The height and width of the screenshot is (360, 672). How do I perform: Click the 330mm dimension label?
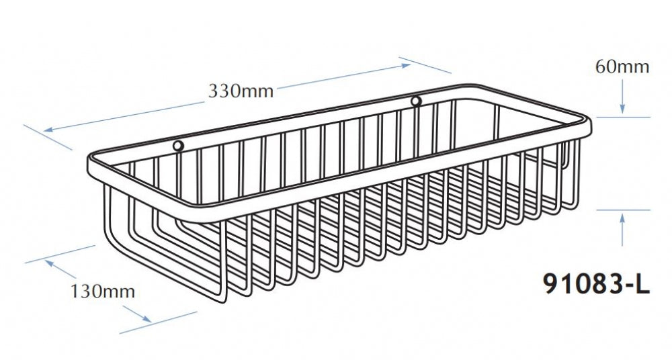(x=241, y=91)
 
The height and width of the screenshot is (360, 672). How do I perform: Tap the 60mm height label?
(x=622, y=67)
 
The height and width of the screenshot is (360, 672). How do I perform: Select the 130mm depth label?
(x=102, y=291)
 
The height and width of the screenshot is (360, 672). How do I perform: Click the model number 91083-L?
(x=597, y=283)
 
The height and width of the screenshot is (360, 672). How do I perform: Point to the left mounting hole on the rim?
(x=178, y=146)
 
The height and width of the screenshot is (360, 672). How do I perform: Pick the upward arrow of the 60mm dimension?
(x=622, y=230)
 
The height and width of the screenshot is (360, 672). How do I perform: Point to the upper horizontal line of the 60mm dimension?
(x=623, y=117)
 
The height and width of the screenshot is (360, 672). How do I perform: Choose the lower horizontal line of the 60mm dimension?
(x=623, y=210)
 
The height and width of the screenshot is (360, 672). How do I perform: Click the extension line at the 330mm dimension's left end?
(x=48, y=138)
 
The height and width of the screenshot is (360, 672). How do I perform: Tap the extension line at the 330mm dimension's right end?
(x=425, y=65)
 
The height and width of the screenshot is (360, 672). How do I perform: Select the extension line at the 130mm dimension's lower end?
(x=158, y=322)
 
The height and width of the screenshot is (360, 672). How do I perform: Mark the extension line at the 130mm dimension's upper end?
(x=60, y=254)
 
